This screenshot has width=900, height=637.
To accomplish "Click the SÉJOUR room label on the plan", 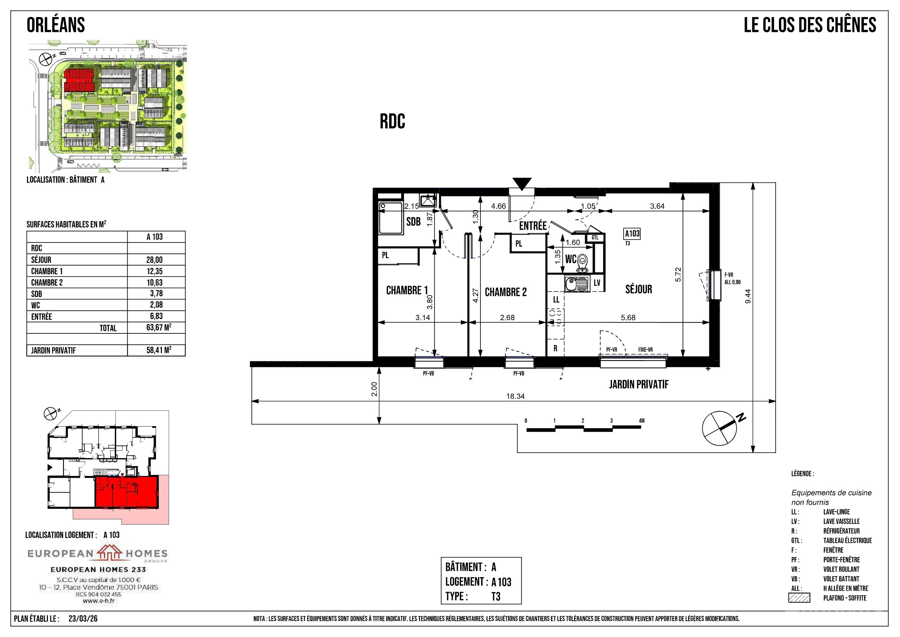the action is [639, 290].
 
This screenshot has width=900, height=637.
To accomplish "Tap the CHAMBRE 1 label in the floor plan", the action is [407, 290].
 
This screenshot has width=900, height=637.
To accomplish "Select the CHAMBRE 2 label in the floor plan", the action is [506, 292].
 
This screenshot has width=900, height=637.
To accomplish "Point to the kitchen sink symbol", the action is [577, 284].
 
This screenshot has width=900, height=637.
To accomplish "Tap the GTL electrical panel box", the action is [595, 238].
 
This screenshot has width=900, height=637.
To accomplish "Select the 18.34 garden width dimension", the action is [515, 396].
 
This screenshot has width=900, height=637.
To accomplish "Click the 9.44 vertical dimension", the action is [748, 296].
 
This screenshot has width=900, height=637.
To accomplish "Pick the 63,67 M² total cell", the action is [159, 327].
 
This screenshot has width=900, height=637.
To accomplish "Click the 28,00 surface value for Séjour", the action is [154, 259].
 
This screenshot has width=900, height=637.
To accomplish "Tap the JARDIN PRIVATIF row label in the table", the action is [53, 350].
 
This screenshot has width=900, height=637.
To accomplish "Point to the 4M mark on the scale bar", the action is [641, 421].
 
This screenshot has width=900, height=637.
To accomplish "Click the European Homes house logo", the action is [110, 552].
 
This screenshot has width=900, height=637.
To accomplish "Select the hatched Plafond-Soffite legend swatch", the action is [799, 598].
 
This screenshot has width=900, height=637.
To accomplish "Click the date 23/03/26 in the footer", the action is [83, 618].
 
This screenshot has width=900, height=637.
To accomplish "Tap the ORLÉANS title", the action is [56, 25].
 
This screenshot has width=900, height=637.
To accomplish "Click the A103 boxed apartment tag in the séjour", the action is [632, 234].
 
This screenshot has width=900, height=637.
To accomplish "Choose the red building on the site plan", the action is [79, 81].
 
